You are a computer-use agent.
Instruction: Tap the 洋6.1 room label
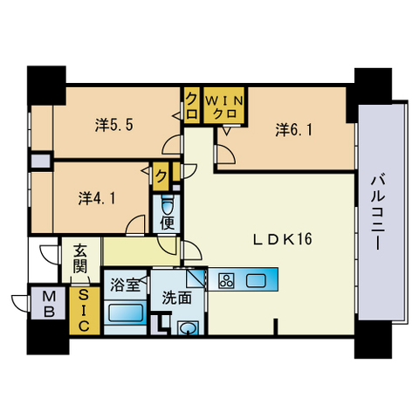click(293, 130)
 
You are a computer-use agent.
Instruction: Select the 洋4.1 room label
click(97, 197)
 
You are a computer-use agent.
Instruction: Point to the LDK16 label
click(283, 238)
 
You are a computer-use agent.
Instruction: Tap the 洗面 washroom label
click(176, 297)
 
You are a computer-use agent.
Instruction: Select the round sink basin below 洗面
click(187, 327)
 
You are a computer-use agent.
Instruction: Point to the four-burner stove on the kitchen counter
click(226, 281)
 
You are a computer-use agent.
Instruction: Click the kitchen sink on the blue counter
click(257, 280)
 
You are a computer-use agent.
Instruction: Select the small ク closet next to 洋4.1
click(162, 175)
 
